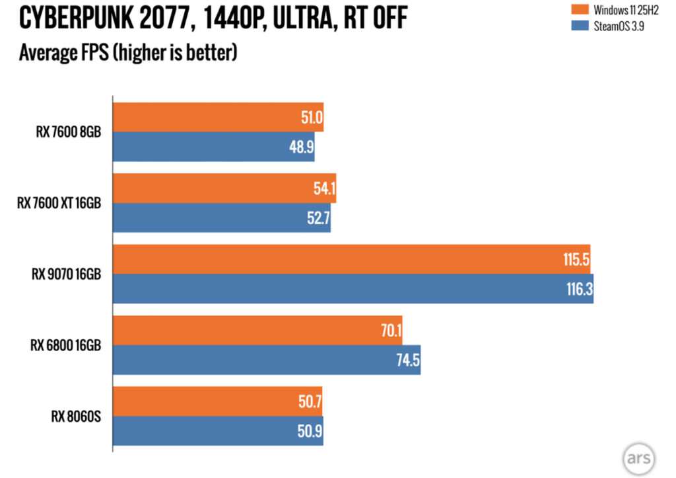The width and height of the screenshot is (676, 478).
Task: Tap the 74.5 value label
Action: pyautogui.click(x=407, y=361)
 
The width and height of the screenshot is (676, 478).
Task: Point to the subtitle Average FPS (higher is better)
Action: pyautogui.click(x=128, y=52)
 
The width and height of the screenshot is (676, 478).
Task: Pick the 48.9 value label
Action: pyautogui.click(x=302, y=147)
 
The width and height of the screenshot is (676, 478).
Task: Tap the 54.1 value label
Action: pyautogui.click(x=323, y=189)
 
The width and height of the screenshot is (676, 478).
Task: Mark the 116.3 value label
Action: pyautogui.click(x=578, y=290)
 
